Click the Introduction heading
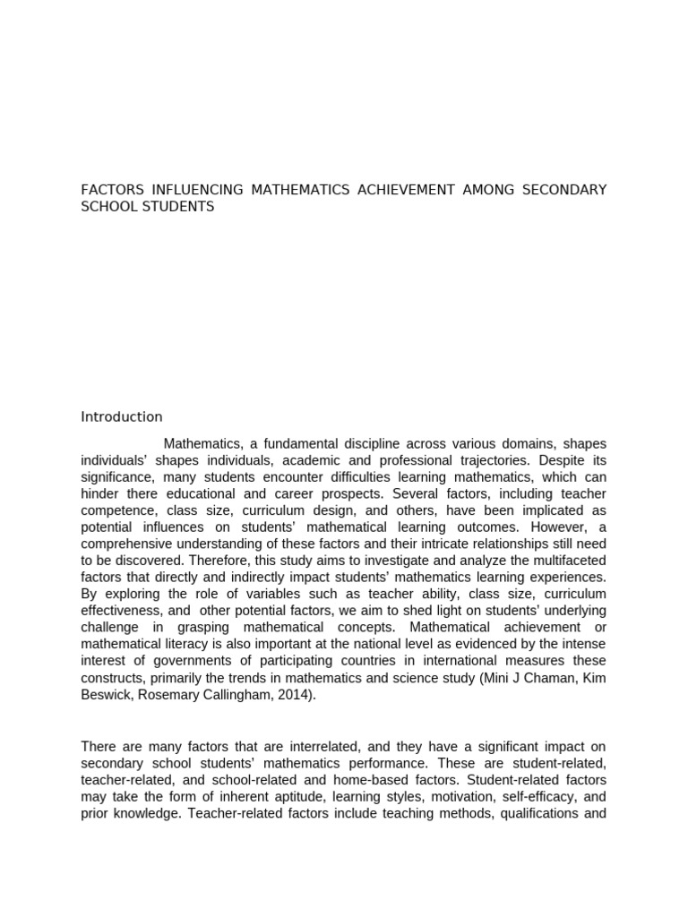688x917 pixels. [x=122, y=416]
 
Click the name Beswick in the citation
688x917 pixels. [x=106, y=694]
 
